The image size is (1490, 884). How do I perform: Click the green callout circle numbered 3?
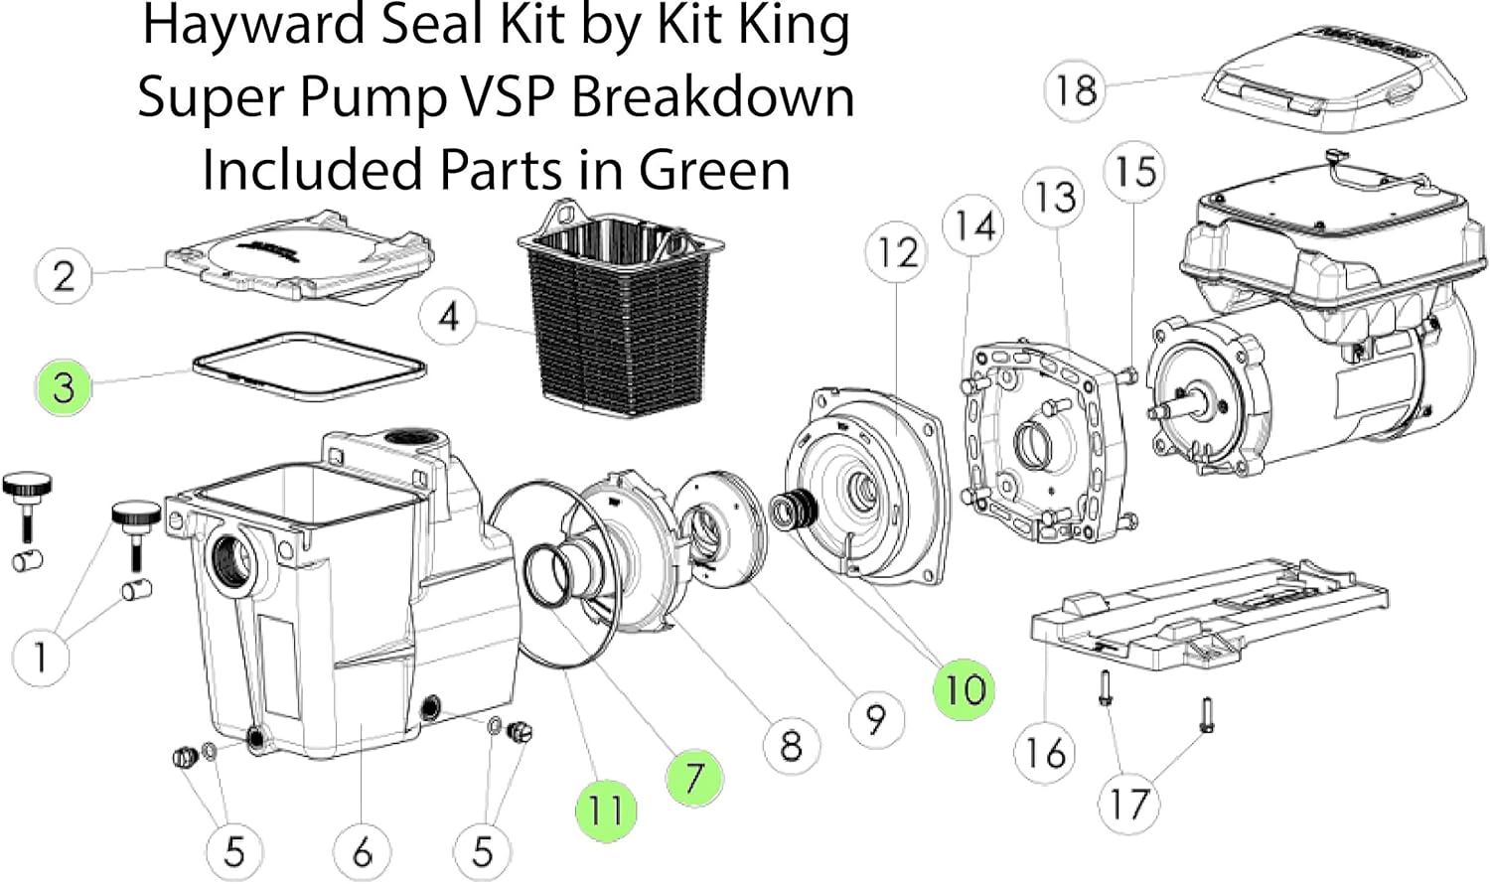click(x=64, y=386)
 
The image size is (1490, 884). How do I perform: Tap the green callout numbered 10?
click(x=964, y=688)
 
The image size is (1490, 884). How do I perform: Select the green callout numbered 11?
click(x=605, y=810)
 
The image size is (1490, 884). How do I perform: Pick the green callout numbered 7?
click(x=694, y=777)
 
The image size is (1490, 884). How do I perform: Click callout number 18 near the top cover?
click(x=1075, y=90)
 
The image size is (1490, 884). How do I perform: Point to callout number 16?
click(x=1045, y=753)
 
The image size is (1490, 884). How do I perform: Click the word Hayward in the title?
click(x=253, y=25)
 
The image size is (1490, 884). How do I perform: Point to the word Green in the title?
click(x=714, y=169)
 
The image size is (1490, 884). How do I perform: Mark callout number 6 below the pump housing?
click(x=362, y=851)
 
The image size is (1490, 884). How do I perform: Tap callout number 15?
click(x=1134, y=172)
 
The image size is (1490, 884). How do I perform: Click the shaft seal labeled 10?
click(x=795, y=509)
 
